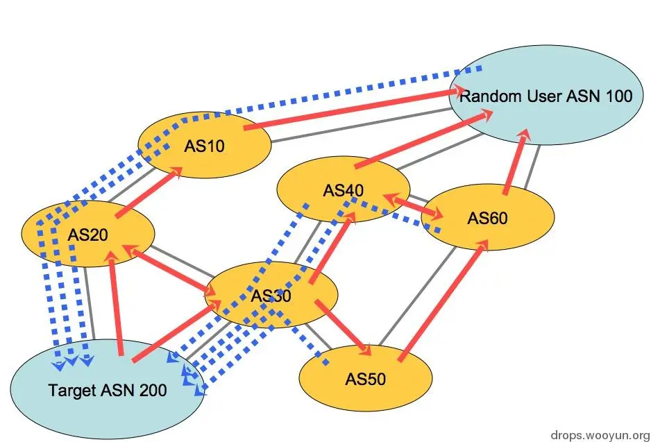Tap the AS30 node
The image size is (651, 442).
(x=271, y=296)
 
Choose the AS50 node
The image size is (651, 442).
(x=366, y=379)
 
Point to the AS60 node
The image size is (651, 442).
(x=488, y=218)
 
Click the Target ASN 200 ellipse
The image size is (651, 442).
(x=108, y=390)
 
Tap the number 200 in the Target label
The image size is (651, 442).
(x=153, y=391)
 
